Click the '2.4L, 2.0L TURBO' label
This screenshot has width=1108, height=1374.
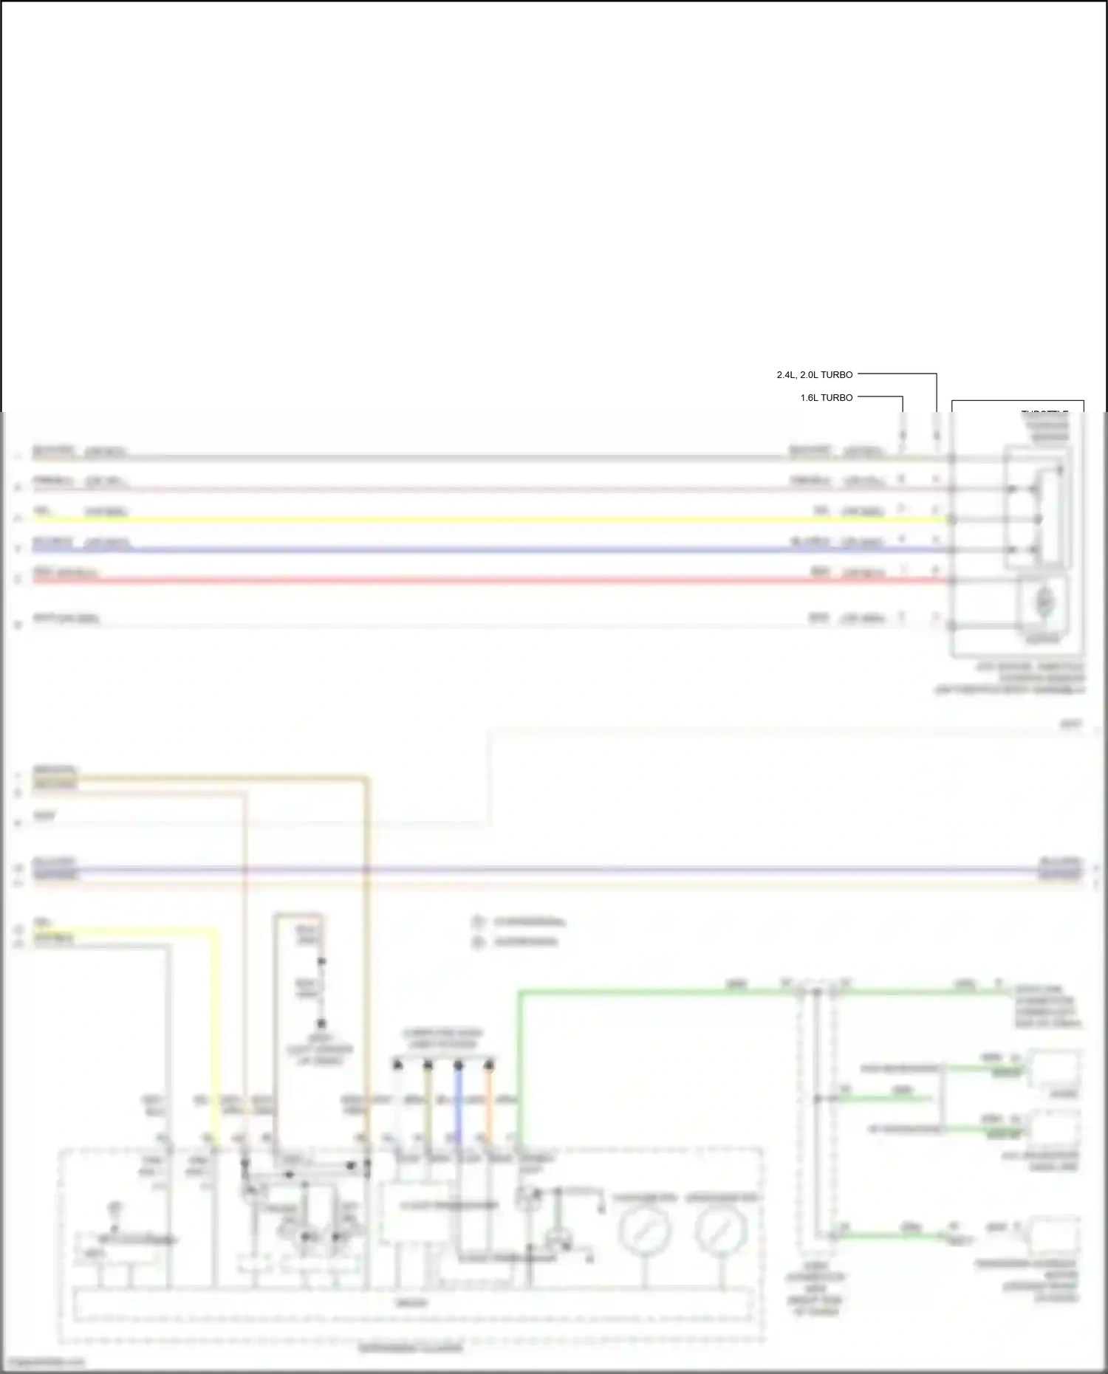[x=814, y=374]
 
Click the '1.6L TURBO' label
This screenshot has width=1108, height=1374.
[x=826, y=397]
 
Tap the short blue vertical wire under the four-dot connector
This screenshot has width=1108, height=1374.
[x=458, y=1107]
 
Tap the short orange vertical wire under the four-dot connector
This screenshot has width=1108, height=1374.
[x=488, y=1107]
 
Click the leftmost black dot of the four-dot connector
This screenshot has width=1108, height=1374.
[x=397, y=1065]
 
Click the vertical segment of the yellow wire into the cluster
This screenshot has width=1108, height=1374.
[x=216, y=1034]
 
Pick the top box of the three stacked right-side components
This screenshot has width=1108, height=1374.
[x=1056, y=1068]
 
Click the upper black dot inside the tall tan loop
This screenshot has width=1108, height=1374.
[x=321, y=962]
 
